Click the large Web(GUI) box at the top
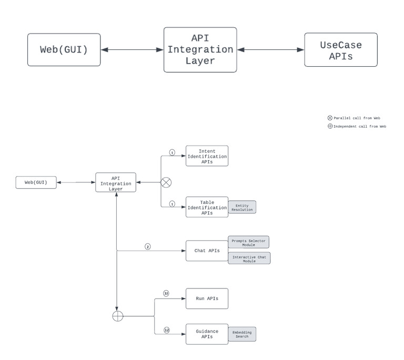64,50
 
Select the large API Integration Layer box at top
200,50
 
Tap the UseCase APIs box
340,50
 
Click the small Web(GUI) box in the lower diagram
36,182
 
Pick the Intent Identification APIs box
207,156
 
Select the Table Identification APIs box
207,207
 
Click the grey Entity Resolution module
242,207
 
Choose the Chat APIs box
207,251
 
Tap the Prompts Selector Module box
248,242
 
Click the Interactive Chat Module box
249,258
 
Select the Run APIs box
207,298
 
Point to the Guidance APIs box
207,334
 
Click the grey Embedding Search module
242,334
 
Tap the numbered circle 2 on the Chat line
148,246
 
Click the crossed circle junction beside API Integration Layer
166,182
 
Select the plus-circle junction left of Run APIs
118,316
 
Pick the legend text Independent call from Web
360,126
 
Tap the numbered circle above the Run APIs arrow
166,293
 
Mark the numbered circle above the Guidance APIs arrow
166,330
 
